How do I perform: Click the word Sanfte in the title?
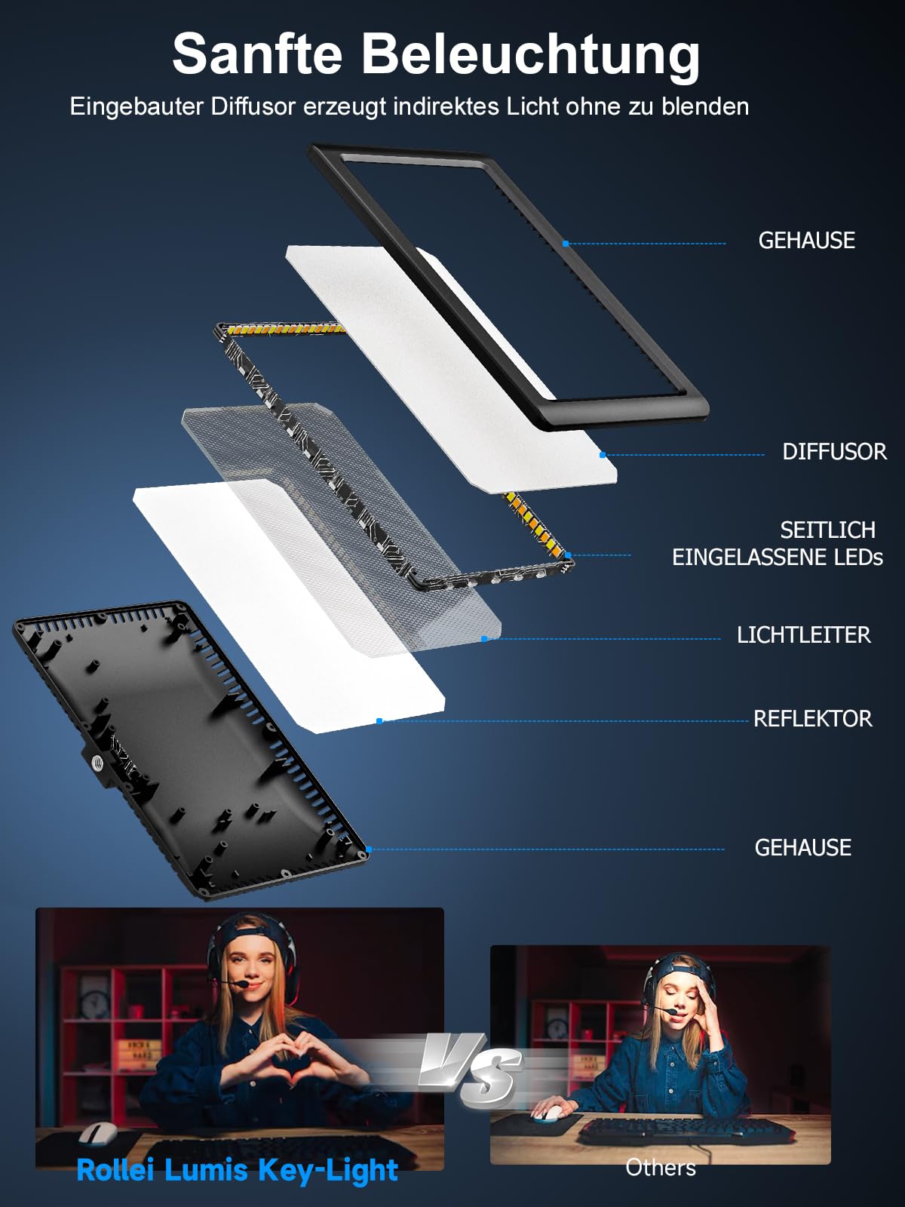point(257,54)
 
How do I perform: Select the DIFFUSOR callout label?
point(834,451)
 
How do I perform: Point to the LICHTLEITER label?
point(803,635)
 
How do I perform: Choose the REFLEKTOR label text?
point(813,719)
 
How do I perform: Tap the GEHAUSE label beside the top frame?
point(807,241)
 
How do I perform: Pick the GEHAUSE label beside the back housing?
point(802,847)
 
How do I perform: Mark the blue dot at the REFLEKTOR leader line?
point(379,721)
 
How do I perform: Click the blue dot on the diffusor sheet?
point(603,455)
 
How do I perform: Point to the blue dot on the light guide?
point(484,639)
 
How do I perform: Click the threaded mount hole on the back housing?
point(97,763)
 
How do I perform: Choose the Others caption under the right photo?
point(661,1167)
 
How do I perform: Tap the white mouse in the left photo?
point(98,1132)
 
